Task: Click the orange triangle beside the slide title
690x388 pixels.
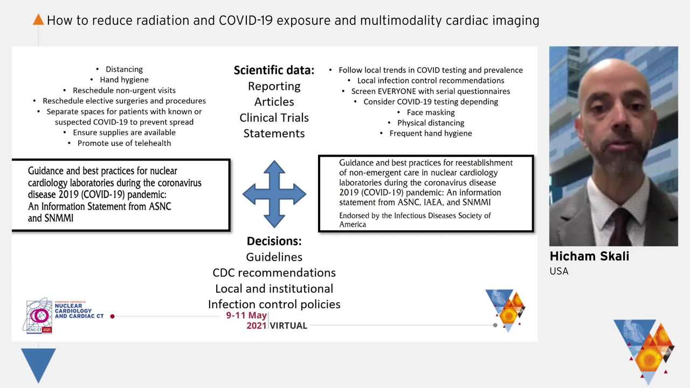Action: (x=38, y=20)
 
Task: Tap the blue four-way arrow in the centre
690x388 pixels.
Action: (x=274, y=193)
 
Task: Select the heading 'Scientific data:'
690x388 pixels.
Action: (x=274, y=70)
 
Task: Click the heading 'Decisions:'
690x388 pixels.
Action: (x=274, y=241)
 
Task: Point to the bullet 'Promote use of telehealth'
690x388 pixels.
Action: (x=124, y=143)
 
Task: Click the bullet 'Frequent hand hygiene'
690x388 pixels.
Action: (x=430, y=133)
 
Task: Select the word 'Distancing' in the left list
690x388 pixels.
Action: (x=124, y=69)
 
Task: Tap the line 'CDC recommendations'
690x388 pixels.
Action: (x=274, y=273)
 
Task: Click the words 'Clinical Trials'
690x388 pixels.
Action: (x=274, y=117)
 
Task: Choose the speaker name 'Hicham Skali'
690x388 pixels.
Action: (x=589, y=257)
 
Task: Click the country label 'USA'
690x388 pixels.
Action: (x=559, y=271)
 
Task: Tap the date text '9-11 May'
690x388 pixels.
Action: (x=246, y=315)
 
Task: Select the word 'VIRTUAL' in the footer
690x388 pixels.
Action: (x=288, y=325)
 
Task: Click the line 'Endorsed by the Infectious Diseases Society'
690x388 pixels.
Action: (x=415, y=216)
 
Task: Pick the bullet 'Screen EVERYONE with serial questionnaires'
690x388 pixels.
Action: (x=430, y=91)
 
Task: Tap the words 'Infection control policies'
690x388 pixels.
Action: (x=274, y=304)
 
